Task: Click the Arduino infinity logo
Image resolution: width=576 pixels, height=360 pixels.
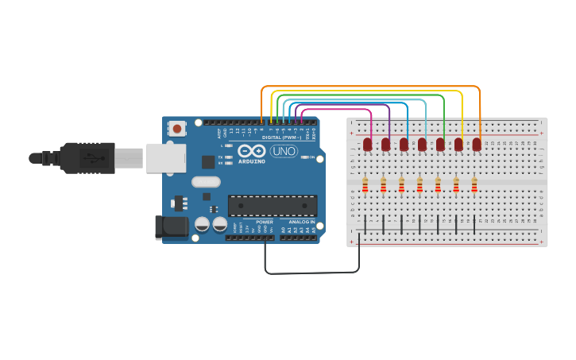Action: click(251, 151)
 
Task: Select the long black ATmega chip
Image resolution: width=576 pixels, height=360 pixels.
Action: click(273, 206)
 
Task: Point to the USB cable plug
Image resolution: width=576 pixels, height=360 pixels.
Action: click(87, 157)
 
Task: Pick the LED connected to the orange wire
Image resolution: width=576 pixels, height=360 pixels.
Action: click(477, 145)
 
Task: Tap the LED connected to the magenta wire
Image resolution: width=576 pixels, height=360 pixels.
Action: click(368, 145)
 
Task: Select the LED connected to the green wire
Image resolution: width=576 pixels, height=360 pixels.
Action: click(440, 145)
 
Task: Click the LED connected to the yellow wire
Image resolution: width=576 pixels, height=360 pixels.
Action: click(458, 145)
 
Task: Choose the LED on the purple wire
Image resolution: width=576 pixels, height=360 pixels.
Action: click(386, 145)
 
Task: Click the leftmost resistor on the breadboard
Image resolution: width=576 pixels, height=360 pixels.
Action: click(365, 185)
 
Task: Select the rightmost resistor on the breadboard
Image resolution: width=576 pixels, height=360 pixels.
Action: click(474, 185)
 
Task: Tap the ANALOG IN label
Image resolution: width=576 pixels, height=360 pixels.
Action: click(301, 222)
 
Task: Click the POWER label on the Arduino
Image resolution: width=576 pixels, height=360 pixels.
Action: click(265, 222)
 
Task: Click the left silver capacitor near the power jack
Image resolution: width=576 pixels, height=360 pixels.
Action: click(203, 225)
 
